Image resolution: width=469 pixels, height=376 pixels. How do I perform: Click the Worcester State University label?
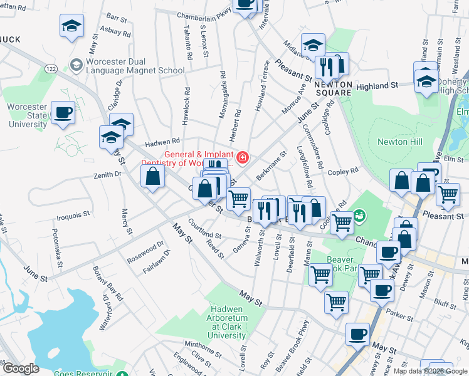pos(28,115)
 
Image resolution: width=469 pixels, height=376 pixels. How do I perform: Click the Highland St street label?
pos(377,85)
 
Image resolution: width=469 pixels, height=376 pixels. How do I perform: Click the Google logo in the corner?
pos(20,368)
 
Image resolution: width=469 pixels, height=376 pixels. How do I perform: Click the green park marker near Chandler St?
pos(359,216)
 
